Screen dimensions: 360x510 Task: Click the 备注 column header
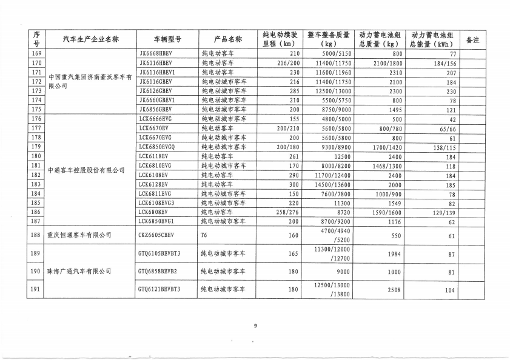(472, 39)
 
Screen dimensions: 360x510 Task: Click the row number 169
(36, 53)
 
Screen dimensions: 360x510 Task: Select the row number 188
(36, 235)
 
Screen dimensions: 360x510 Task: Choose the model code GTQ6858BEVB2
(159, 272)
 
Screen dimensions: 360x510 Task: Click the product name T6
(204, 235)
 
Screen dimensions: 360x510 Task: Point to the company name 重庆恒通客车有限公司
(79, 235)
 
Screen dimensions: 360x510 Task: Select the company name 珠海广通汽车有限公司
(79, 272)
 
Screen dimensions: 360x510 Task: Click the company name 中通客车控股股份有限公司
(86, 170)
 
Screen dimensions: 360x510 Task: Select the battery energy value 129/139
(442, 212)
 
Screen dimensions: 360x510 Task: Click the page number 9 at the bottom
(255, 326)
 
